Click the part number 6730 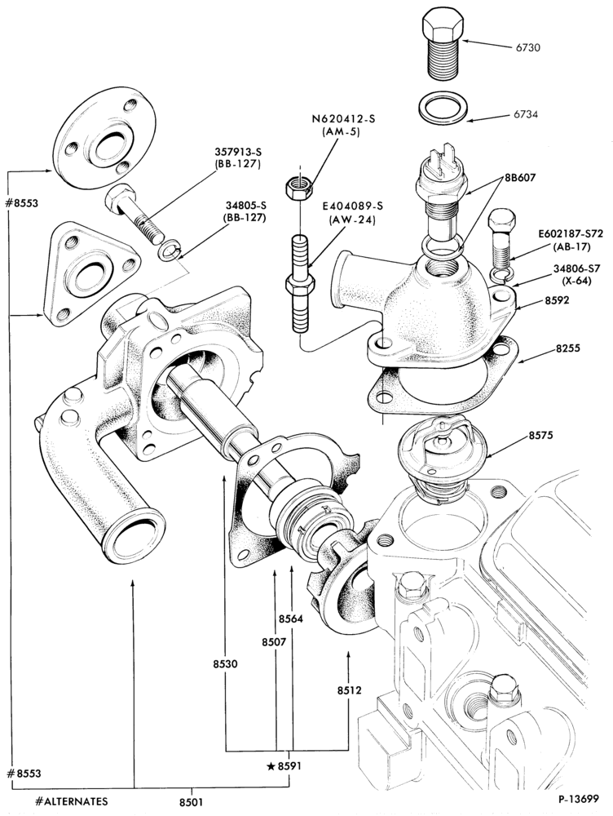coord(527,47)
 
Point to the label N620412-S coord(343,118)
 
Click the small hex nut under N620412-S coord(299,188)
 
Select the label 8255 coord(568,348)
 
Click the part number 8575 coord(542,436)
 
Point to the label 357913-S coord(237,152)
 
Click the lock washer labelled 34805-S coord(169,250)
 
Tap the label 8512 coord(349,690)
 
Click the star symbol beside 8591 coord(271,765)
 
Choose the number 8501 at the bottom coord(192,802)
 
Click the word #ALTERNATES coord(73,801)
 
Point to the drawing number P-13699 coord(579,798)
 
